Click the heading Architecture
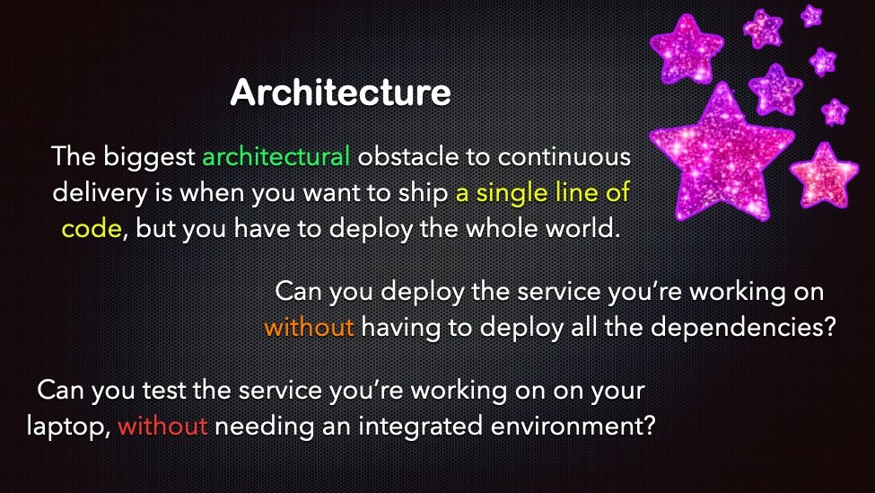pyautogui.click(x=339, y=93)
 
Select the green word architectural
pyautogui.click(x=276, y=158)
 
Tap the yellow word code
pyautogui.click(x=91, y=228)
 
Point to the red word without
pyautogui.click(x=162, y=426)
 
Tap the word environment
pyautogui.click(x=562, y=426)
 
